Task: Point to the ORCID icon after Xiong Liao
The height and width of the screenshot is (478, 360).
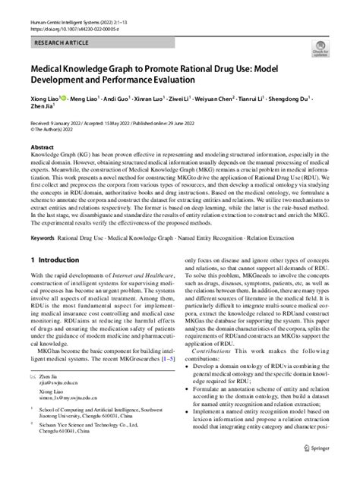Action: pos(56,99)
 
